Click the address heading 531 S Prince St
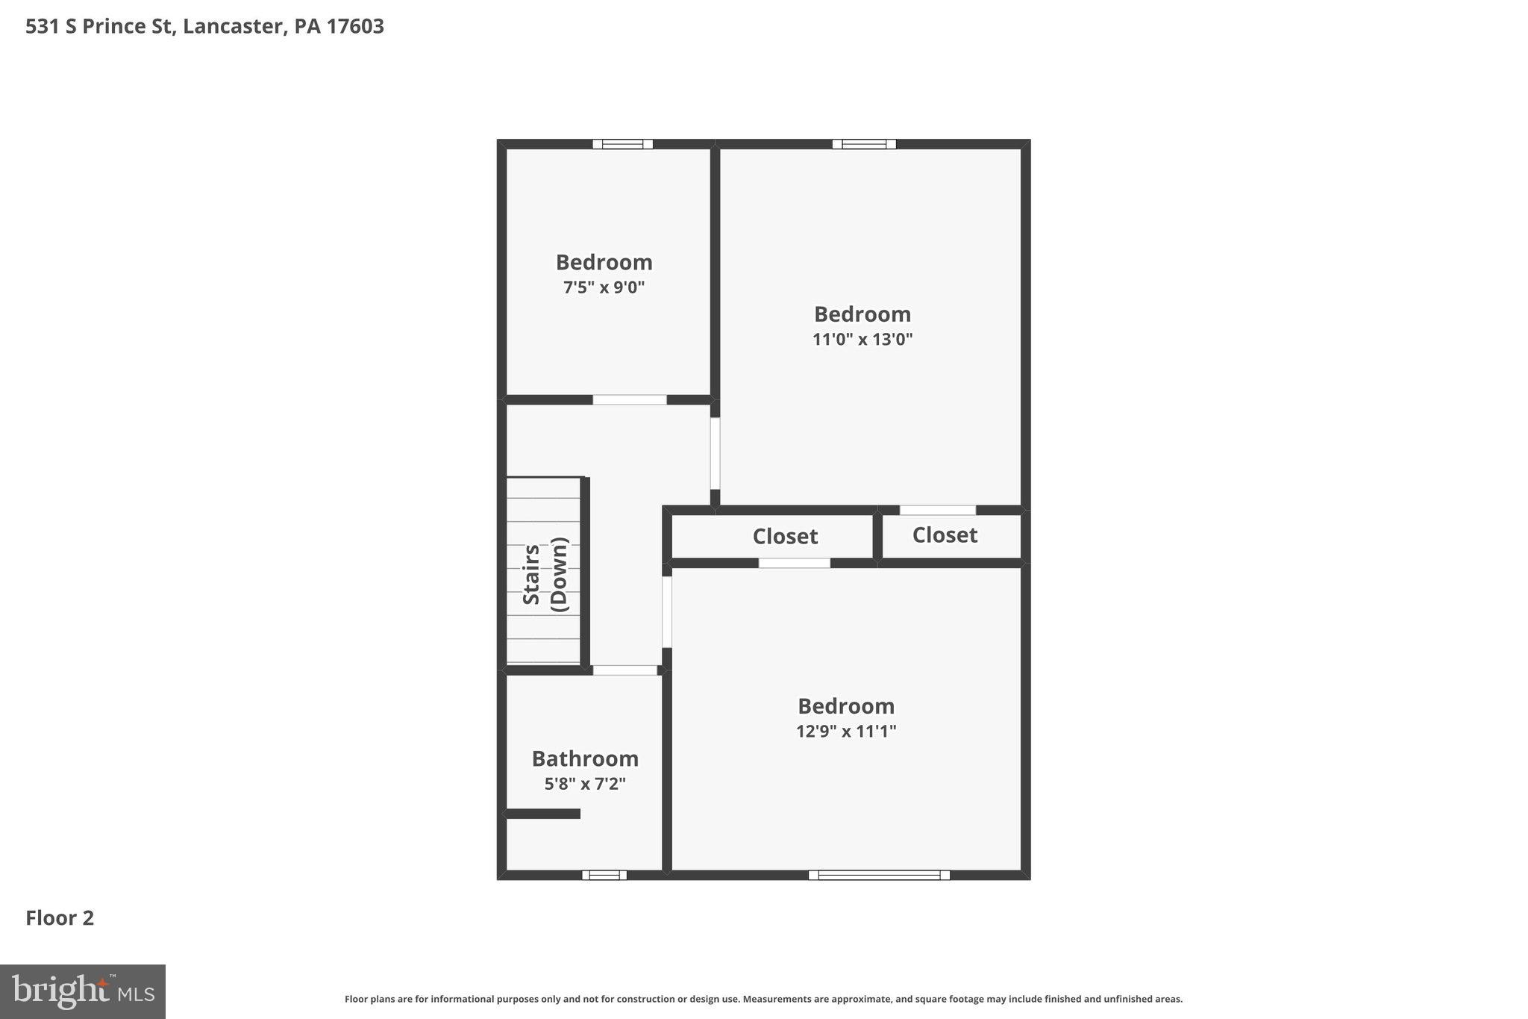pos(204,27)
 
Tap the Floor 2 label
pos(60,918)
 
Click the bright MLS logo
pos(83,991)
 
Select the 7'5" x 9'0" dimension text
pos(604,287)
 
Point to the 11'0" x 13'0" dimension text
pos(862,340)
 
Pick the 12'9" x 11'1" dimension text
pos(845,731)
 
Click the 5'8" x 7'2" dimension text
pos(585,784)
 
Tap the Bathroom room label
pos(585,758)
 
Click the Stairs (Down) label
pos(545,575)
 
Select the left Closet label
pos(785,537)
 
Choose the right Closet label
pos(945,535)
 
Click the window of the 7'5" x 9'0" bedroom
pos(622,144)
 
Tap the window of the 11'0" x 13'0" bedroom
pos(864,144)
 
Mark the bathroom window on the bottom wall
pos(604,875)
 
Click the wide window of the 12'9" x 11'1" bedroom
pos(879,875)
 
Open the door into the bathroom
pos(624,670)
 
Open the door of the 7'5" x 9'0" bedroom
pos(629,400)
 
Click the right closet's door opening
pos(937,511)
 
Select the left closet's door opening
pos(794,564)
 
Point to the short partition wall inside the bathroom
pos(543,814)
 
